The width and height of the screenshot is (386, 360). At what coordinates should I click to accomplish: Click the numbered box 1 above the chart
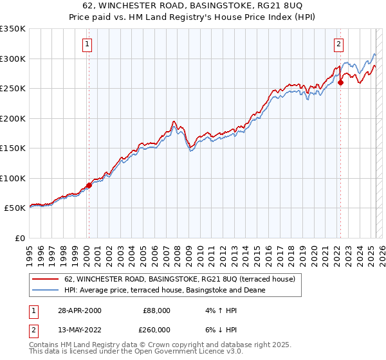pyautogui.click(x=86, y=44)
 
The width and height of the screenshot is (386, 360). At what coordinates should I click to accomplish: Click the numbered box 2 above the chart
pyautogui.click(x=338, y=44)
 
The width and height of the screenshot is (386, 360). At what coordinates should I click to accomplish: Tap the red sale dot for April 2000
pyautogui.click(x=89, y=185)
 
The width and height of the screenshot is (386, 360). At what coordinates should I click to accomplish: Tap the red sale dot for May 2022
pyautogui.click(x=340, y=82)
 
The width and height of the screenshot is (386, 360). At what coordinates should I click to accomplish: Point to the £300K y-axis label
pyautogui.click(x=13, y=59)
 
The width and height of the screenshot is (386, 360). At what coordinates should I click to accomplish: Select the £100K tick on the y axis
pyautogui.click(x=13, y=178)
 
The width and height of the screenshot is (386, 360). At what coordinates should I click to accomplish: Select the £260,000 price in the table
pyautogui.click(x=156, y=329)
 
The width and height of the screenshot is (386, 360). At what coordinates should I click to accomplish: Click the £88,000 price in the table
pyautogui.click(x=156, y=310)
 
